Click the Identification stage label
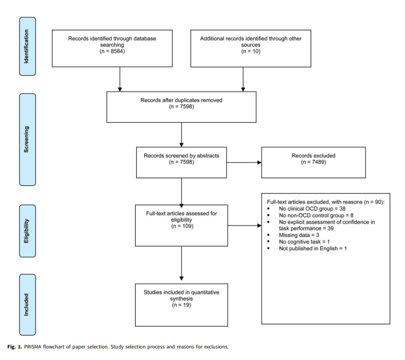point(27,47)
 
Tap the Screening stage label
point(27,140)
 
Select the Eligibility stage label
point(27,231)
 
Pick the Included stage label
point(27,305)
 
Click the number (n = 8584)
point(112,51)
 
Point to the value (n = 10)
point(251,51)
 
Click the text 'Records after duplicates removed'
point(181,100)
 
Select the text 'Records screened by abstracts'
point(181,156)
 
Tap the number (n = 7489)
point(314,162)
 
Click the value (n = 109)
point(182,226)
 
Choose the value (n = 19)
point(182,305)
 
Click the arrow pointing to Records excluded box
point(244,163)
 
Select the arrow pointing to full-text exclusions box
point(245,226)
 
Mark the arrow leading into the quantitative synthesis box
point(181,263)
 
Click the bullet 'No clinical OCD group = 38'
point(312,209)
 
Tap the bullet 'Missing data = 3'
point(299,235)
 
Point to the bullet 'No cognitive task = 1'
point(304,242)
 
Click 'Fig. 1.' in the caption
point(15,347)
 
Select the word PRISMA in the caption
point(32,347)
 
